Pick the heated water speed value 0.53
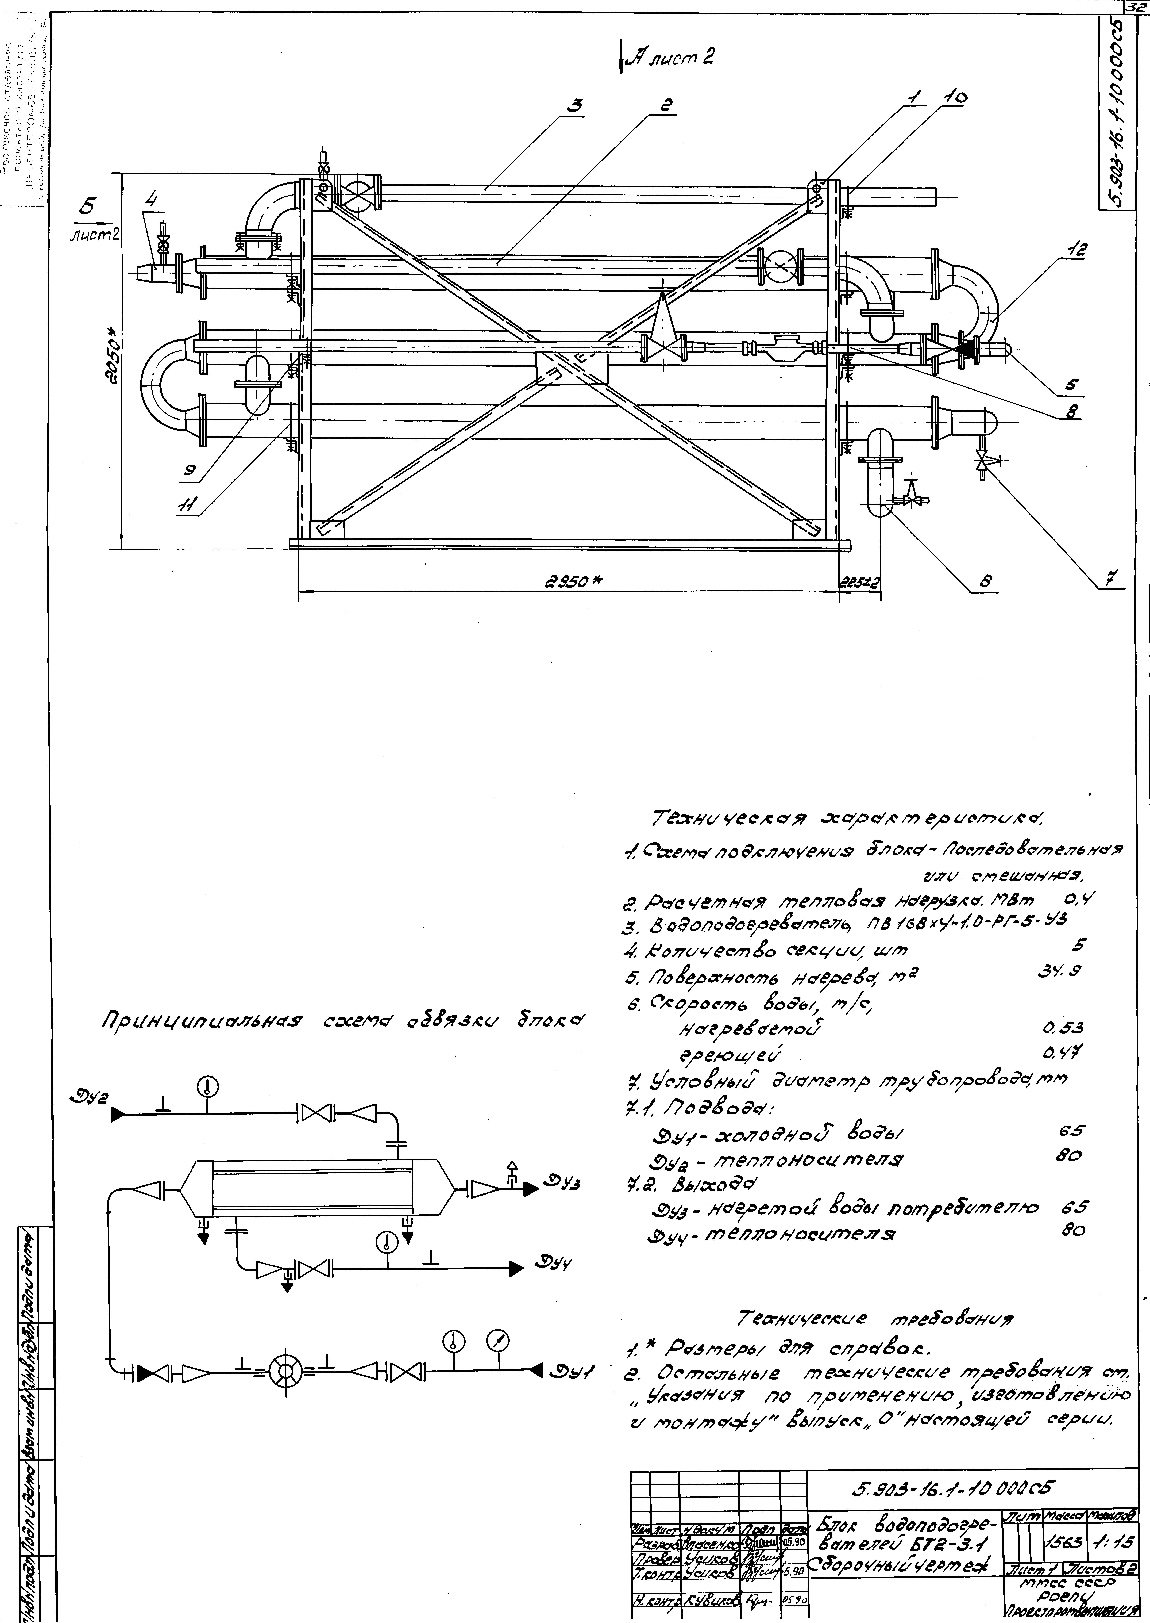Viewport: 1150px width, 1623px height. coord(1062,1027)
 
